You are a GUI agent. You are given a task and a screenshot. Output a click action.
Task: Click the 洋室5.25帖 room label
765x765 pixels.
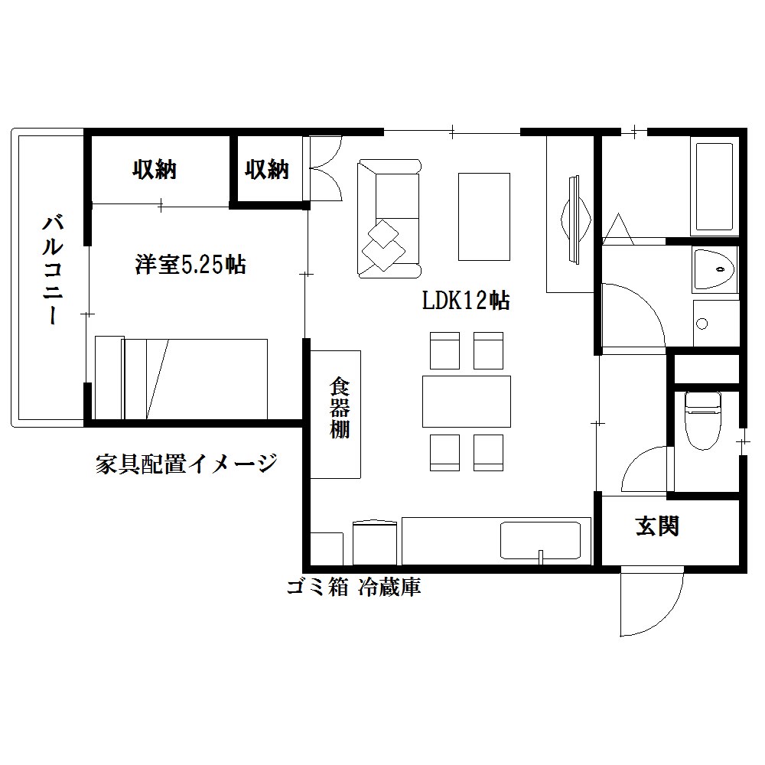coord(190,265)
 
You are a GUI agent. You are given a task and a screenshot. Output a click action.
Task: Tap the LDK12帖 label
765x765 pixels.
coord(466,300)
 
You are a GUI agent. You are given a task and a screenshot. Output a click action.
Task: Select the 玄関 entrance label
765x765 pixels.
coord(657,526)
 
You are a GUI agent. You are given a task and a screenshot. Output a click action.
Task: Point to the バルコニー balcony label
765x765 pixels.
coord(52,270)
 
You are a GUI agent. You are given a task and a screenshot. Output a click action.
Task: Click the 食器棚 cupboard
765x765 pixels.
coord(335,414)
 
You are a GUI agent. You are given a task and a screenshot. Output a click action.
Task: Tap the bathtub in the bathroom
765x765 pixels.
coord(714,187)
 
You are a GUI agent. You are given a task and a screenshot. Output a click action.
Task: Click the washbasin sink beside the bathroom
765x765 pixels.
coord(714,269)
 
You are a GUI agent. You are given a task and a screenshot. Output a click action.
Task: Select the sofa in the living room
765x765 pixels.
coord(389,218)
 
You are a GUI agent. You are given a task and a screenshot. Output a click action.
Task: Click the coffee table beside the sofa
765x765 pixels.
coord(483,216)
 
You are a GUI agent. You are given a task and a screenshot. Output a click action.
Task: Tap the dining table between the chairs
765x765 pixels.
coord(466,401)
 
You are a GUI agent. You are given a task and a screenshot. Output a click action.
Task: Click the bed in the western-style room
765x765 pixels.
coord(181,378)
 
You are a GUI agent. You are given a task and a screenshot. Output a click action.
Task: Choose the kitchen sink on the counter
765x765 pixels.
coord(541,541)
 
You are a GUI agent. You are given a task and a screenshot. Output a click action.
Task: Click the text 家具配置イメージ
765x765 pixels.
coord(186,463)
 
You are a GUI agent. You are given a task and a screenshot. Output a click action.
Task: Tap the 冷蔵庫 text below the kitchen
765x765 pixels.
coord(389,588)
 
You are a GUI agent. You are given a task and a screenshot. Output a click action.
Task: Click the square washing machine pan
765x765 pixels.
coord(715,323)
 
